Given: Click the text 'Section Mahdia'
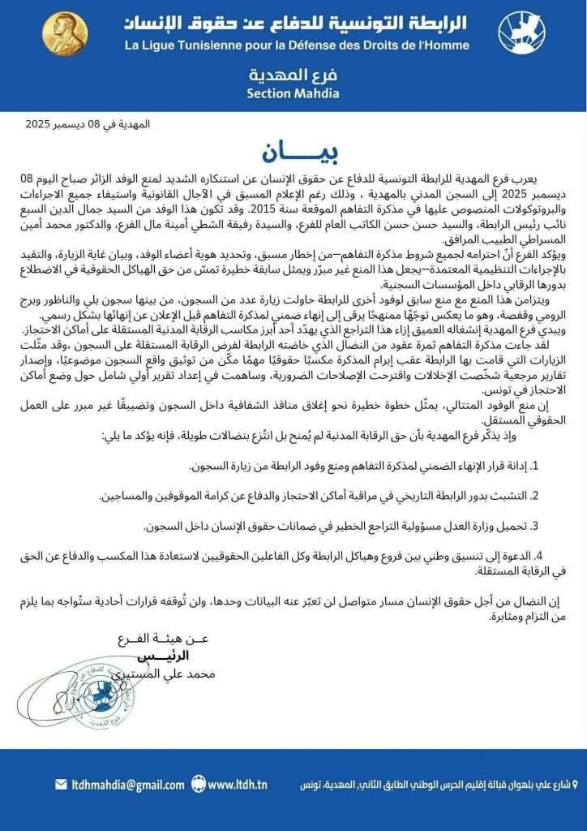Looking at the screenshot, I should click(x=293, y=93).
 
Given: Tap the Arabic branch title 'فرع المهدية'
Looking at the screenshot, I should click(x=293, y=76).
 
